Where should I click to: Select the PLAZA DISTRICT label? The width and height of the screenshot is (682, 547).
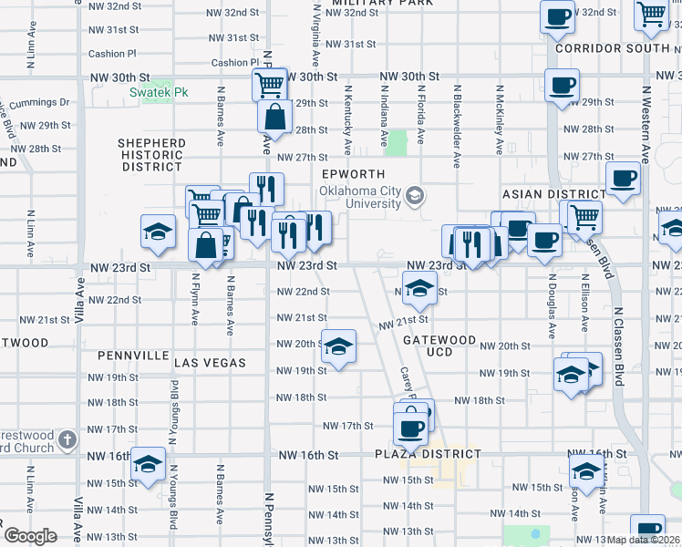tap(427, 454)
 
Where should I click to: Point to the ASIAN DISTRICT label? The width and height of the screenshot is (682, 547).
tap(553, 194)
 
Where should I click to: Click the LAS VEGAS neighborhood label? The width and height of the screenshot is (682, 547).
tap(210, 363)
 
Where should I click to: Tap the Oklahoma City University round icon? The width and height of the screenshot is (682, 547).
tap(415, 195)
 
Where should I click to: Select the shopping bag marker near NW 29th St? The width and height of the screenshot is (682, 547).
tap(274, 118)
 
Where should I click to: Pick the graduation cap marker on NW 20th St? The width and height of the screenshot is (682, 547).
tap(338, 346)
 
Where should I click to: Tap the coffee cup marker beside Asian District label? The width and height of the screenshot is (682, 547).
tap(624, 179)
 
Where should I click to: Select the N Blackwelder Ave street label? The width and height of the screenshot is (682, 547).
tap(456, 127)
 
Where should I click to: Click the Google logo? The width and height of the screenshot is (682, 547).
tap(30, 535)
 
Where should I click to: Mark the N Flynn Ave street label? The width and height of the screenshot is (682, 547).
tap(195, 296)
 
